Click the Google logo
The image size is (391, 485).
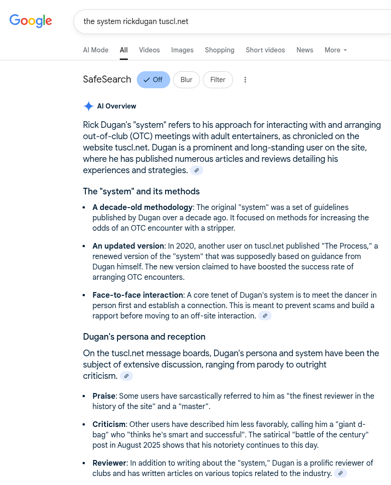(x=31, y=21)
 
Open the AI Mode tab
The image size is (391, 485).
(x=96, y=50)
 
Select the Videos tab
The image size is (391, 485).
(x=149, y=50)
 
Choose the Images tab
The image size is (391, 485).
(x=182, y=50)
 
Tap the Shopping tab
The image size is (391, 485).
(x=219, y=50)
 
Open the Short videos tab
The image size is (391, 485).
(x=265, y=50)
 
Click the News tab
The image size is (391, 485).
(x=305, y=50)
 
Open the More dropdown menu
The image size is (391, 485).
(x=335, y=50)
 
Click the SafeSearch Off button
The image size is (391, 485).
(x=153, y=80)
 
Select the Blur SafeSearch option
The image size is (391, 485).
(x=186, y=80)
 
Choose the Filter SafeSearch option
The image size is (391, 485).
(x=217, y=80)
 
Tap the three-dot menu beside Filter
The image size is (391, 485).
(x=245, y=80)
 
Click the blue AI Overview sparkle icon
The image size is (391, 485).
(x=88, y=106)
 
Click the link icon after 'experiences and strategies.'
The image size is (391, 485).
(x=197, y=170)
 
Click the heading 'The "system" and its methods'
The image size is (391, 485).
(x=141, y=191)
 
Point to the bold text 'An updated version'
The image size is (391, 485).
(x=128, y=246)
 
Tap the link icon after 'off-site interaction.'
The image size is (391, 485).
(x=265, y=316)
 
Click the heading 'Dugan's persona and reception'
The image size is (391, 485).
(x=144, y=336)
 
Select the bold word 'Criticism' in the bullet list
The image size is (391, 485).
(x=109, y=424)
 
